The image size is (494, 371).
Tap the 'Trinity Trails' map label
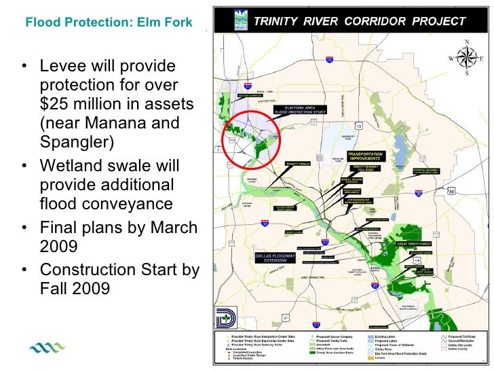297,164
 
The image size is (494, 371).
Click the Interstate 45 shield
375,286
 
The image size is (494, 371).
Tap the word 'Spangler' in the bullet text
74,143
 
